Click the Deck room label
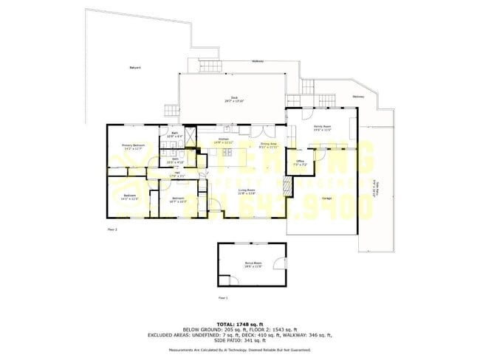click(x=234, y=99)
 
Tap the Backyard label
click(x=135, y=68)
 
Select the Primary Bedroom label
click(x=134, y=147)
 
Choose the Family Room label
click(x=322, y=128)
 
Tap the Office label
click(x=301, y=162)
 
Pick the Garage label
click(x=326, y=198)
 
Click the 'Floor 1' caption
click(x=223, y=297)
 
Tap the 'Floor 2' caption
click(x=112, y=229)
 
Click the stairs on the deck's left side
click(x=171, y=111)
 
